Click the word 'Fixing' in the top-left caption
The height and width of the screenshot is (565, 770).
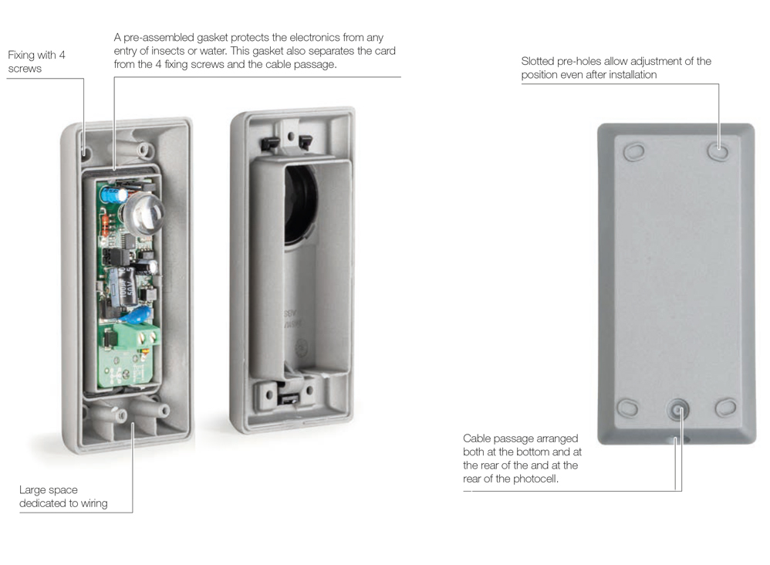click(x=21, y=55)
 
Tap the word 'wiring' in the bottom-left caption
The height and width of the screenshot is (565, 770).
click(x=94, y=503)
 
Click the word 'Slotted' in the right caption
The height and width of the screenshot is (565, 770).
click(x=537, y=62)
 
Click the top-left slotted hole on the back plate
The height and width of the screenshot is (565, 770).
click(x=634, y=151)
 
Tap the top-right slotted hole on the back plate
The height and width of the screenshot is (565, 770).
click(x=718, y=151)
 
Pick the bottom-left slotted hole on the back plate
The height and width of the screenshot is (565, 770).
click(x=627, y=408)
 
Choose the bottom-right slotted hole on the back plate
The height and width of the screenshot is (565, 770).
click(x=726, y=408)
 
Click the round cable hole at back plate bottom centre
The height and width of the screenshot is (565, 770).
click(x=678, y=409)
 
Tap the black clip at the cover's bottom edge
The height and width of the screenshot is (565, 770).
click(x=289, y=398)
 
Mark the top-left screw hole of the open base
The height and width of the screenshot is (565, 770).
click(x=86, y=151)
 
